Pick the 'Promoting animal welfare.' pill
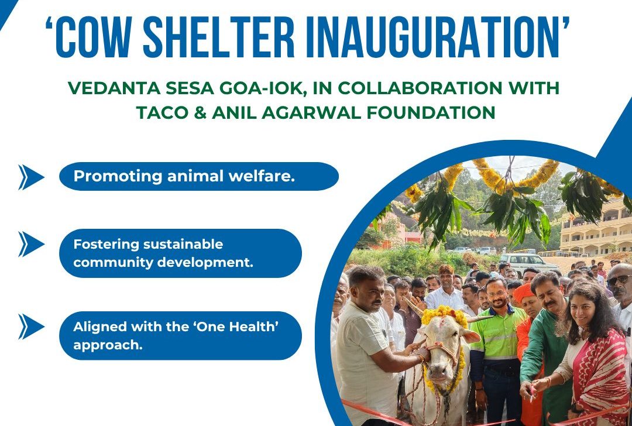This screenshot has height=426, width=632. tap(199, 176)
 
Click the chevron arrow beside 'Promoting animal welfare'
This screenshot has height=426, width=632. tap(30, 177)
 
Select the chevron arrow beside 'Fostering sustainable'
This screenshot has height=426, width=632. tap(30, 245)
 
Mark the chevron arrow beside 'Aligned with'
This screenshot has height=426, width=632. tap(30, 327)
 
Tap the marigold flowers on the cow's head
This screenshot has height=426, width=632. tap(444, 316)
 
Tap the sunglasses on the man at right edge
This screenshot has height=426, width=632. tap(619, 280)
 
